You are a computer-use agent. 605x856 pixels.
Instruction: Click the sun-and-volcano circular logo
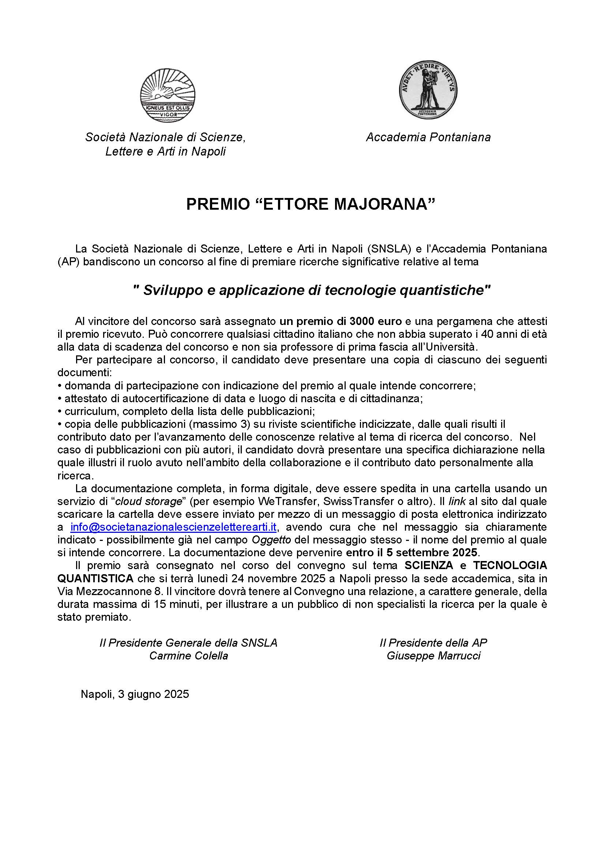pyautogui.click(x=168, y=95)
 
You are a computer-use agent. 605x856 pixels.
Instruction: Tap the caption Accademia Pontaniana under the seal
pyautogui.click(x=428, y=137)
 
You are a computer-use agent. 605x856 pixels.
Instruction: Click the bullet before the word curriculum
pyautogui.click(x=60, y=412)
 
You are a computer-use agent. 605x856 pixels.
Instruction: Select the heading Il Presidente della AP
pyautogui.click(x=433, y=643)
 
